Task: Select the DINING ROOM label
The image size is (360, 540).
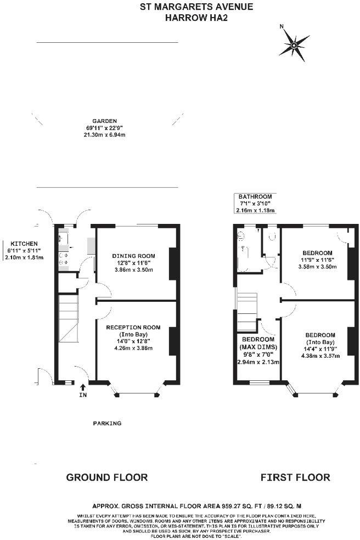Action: [x=133, y=256]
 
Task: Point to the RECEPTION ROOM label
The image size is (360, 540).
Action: [x=133, y=327]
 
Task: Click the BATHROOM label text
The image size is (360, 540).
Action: [x=255, y=196]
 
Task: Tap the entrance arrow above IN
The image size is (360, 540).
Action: [x=82, y=387]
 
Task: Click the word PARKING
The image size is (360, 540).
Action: [x=106, y=423]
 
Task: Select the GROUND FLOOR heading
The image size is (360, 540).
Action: [x=106, y=477]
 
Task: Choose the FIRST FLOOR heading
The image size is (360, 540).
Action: [x=295, y=477]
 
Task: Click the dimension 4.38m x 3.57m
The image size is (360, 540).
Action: [x=320, y=355]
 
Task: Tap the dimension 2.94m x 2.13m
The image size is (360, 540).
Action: [x=258, y=362]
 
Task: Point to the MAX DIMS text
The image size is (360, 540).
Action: [x=258, y=347]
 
